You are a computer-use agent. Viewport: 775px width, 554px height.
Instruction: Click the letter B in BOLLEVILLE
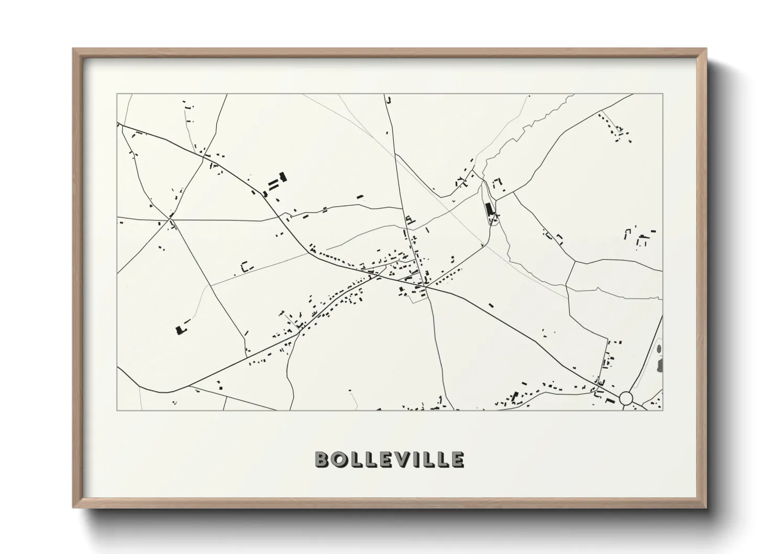[322, 459]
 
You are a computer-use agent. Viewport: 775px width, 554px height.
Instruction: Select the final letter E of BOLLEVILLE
[457, 459]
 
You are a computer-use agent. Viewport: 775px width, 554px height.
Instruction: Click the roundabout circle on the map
[626, 398]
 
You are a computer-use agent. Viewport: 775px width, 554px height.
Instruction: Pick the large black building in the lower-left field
[181, 329]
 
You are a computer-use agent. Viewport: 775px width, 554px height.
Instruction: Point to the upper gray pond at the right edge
[659, 349]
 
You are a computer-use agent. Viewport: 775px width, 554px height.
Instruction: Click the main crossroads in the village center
[425, 286]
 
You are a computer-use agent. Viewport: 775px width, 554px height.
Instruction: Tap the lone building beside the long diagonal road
[491, 305]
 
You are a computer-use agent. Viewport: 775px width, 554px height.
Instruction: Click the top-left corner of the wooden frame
[73, 49]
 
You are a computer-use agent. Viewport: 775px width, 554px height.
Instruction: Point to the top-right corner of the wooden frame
[705, 49]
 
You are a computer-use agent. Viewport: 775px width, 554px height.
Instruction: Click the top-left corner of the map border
[117, 94]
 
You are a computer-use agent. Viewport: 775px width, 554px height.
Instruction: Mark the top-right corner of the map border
[662, 94]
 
